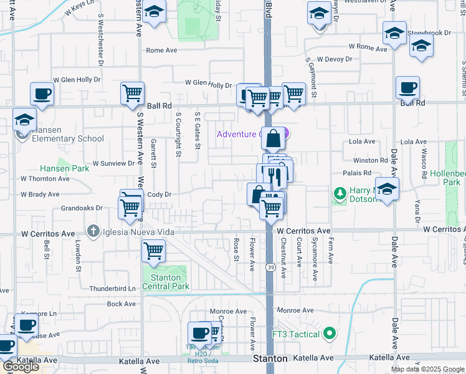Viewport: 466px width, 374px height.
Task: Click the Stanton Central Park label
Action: tap(166, 282)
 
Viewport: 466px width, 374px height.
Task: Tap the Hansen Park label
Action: tap(56, 168)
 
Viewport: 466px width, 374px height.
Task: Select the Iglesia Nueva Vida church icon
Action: tap(93, 232)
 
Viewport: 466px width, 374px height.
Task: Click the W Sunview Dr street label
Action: tap(113, 163)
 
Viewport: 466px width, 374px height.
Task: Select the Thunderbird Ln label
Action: tap(112, 289)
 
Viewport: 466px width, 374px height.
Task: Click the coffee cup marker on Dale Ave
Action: tap(407, 89)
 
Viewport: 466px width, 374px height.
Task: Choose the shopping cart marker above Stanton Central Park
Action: tap(153, 251)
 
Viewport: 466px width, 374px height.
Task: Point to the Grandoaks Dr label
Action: tap(81, 208)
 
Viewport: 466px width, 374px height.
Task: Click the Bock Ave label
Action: tap(121, 304)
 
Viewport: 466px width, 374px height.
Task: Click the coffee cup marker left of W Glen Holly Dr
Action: tap(42, 94)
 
